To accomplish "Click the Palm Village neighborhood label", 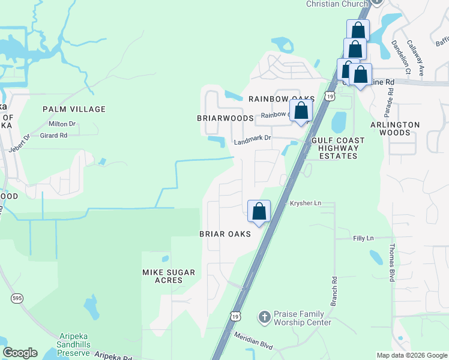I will [74, 109].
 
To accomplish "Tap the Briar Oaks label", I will [225, 234].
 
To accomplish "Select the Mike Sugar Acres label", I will [169, 277].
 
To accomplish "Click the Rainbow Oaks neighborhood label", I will [282, 98].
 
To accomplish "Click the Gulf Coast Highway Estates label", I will [338, 148].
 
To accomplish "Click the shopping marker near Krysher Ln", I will [259, 212].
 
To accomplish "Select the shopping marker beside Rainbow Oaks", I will [301, 111].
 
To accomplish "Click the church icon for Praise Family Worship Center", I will [264, 316].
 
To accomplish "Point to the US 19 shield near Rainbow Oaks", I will [330, 97].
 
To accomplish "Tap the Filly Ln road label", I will [363, 238].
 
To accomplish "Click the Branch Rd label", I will [334, 289].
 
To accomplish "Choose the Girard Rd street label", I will [53, 136].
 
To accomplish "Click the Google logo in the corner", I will [20, 353].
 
